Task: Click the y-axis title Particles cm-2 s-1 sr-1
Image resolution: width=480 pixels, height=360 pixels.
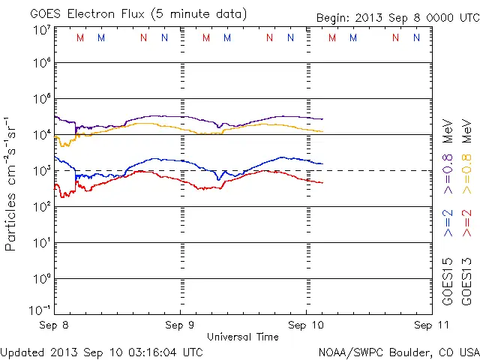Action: (12, 183)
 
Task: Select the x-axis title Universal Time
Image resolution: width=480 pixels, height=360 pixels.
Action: (242, 337)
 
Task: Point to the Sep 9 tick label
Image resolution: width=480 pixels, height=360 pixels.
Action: (180, 325)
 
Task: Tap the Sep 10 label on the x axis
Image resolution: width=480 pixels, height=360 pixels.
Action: (306, 325)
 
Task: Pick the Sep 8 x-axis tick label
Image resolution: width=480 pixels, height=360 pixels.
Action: (55, 325)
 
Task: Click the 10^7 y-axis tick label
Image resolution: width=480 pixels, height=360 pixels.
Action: (41, 30)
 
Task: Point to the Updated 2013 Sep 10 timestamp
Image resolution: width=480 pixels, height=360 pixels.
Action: (101, 351)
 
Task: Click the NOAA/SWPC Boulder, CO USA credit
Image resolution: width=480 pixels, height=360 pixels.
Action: (397, 351)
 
